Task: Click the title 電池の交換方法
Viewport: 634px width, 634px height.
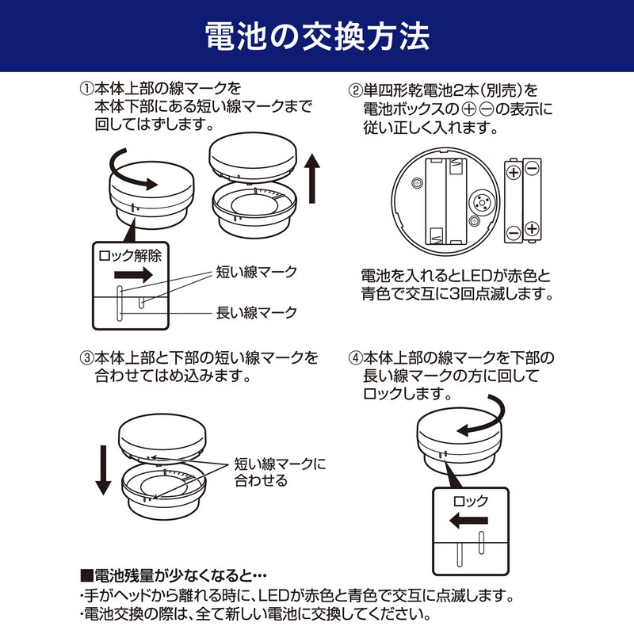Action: [317, 36]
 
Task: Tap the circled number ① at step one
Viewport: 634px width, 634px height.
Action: [87, 89]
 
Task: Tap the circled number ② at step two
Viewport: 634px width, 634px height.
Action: [355, 90]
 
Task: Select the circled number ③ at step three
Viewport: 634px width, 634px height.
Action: [87, 358]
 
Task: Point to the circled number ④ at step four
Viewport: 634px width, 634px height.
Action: [355, 358]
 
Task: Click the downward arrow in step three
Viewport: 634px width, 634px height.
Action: [103, 470]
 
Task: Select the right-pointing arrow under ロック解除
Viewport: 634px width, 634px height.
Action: [133, 275]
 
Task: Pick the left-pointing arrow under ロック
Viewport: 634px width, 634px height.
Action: [469, 520]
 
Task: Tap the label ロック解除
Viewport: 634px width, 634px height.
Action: [130, 255]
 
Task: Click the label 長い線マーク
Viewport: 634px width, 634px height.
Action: [257, 312]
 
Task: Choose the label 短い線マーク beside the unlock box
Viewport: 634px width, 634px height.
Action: [257, 272]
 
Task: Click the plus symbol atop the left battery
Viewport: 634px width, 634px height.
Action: [514, 173]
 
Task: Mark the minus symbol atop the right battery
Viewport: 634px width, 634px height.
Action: [532, 168]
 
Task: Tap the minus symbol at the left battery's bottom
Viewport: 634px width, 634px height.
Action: [514, 233]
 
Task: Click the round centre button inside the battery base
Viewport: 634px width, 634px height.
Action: [481, 201]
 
